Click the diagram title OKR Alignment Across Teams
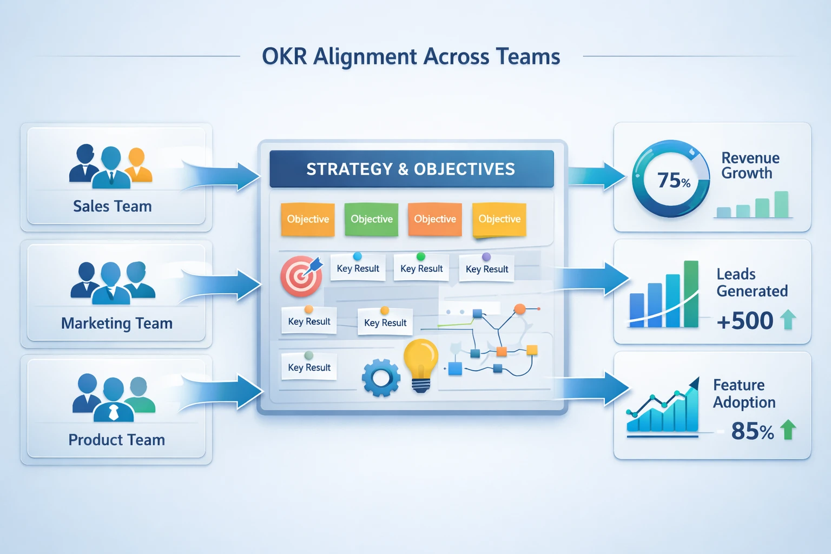point(411,57)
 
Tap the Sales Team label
point(113,206)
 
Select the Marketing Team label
point(117,323)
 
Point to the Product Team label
point(116,440)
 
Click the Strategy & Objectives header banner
point(411,169)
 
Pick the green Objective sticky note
point(371,219)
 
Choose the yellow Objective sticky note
point(499,219)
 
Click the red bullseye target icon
point(301,276)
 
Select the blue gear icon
point(381,378)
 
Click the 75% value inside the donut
point(674,180)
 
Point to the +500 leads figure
point(745,321)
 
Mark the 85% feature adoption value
point(753,431)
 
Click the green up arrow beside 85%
point(788,430)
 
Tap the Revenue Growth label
point(750,166)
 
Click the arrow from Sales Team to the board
point(221,176)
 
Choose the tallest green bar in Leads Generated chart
point(691,294)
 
